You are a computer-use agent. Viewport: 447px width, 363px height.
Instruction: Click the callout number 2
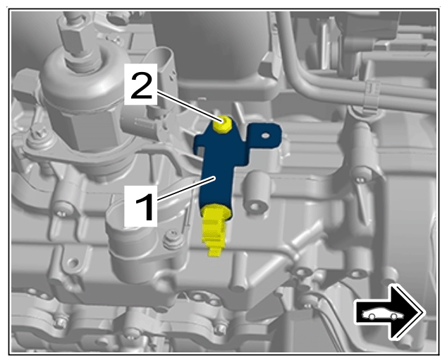[141, 84]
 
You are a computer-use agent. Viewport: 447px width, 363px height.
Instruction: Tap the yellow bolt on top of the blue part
[223, 124]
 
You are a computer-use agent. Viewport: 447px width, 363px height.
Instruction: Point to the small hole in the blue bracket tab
[265, 135]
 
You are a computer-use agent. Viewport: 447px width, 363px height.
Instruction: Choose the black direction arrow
[390, 314]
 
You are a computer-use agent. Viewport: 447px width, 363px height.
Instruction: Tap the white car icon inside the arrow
[383, 314]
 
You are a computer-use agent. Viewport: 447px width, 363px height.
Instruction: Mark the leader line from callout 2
[189, 107]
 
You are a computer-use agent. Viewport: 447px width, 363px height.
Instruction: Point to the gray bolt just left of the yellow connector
[173, 239]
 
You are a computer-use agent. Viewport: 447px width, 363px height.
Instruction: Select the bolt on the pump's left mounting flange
[38, 136]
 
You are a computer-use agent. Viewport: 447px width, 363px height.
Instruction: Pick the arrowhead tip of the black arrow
[425, 313]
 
